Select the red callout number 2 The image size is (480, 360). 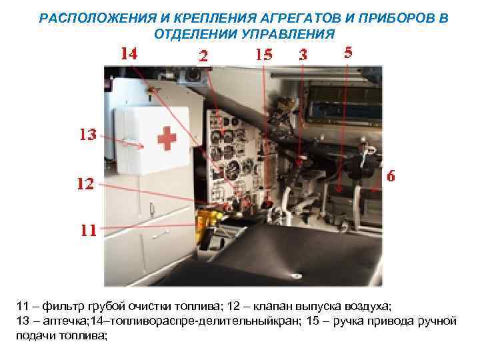203,57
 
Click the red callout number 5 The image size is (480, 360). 348,52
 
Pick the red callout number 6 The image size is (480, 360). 391,177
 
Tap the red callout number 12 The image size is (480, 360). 85,184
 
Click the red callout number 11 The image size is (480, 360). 89,231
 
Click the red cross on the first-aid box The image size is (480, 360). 166,139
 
